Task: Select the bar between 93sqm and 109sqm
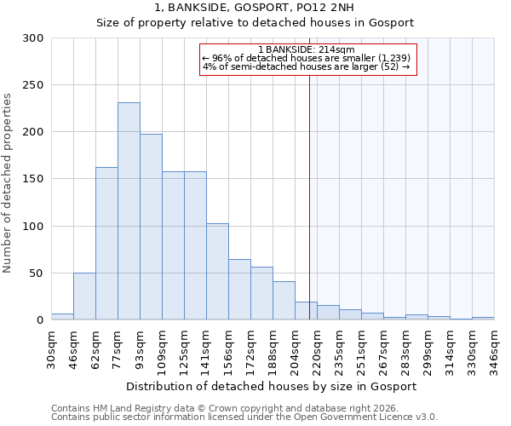(151, 227)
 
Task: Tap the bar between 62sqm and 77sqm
(106, 243)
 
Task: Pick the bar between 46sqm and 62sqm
(84, 296)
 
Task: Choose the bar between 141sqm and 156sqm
(217, 271)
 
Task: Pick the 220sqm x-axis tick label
(317, 350)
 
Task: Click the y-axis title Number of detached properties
(8, 184)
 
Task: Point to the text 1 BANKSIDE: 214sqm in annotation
(307, 49)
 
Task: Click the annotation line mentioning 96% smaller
(307, 58)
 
